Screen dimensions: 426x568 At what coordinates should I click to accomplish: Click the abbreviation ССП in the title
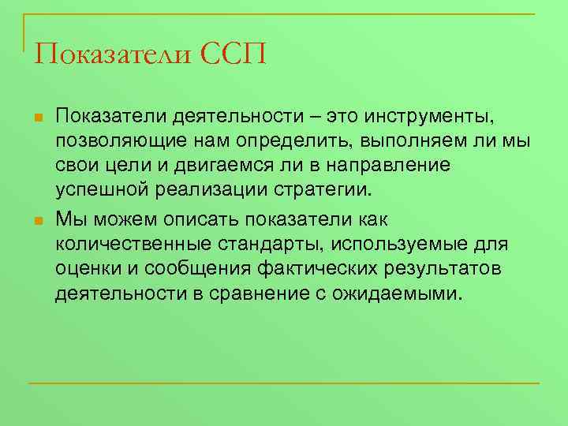[234, 54]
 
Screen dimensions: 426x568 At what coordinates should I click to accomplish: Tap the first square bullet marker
[37, 119]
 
